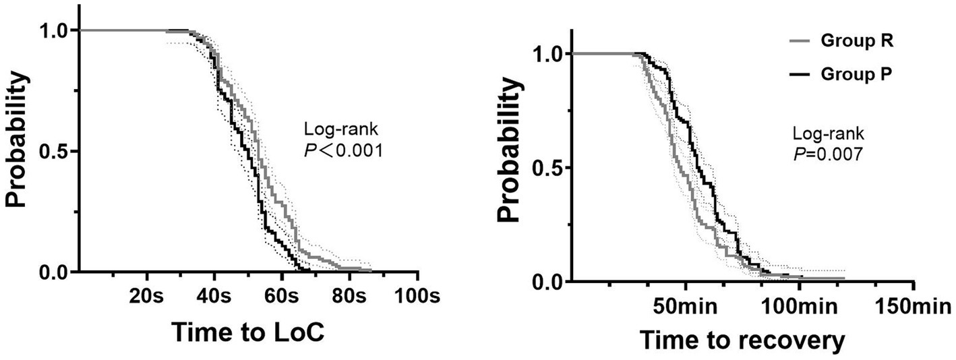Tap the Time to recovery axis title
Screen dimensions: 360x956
pyautogui.click(x=742, y=340)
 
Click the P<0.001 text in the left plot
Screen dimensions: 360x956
pyautogui.click(x=344, y=151)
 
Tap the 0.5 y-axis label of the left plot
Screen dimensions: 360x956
pyautogui.click(x=57, y=151)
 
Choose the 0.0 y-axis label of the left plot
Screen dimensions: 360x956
pyautogui.click(x=57, y=272)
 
